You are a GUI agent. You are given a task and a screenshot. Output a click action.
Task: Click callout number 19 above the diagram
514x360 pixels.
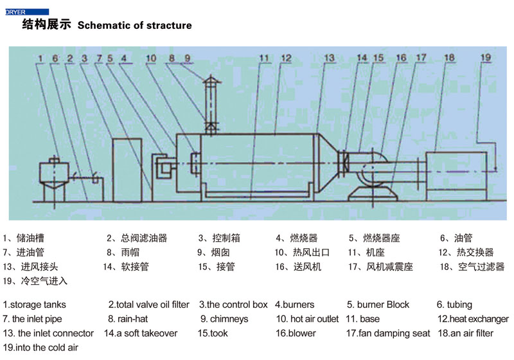click(x=486, y=57)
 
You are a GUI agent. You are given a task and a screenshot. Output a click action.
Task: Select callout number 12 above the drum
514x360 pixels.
click(x=286, y=58)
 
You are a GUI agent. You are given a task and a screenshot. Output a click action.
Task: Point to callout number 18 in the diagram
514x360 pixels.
click(x=449, y=57)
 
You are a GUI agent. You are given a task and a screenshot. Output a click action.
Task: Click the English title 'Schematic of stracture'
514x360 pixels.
click(x=134, y=26)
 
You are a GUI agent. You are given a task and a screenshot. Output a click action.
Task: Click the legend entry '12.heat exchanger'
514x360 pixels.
click(x=473, y=319)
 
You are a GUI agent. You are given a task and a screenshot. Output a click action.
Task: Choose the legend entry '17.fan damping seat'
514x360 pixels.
click(x=387, y=334)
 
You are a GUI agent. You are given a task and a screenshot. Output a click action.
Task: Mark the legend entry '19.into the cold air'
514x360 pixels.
click(x=40, y=348)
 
